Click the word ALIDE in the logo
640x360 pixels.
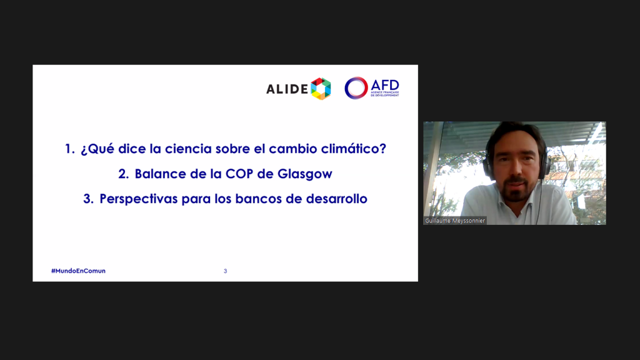click(x=287, y=89)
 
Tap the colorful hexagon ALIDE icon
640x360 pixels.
click(x=321, y=89)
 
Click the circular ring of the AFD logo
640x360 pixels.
click(x=356, y=87)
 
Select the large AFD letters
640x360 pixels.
click(x=385, y=85)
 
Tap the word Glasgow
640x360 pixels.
click(x=305, y=174)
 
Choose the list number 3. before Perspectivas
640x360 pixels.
click(x=88, y=199)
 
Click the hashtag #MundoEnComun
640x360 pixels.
click(x=78, y=271)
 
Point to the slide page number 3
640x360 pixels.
click(x=225, y=271)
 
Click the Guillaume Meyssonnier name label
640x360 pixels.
click(x=455, y=221)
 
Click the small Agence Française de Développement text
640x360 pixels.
click(x=385, y=94)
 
